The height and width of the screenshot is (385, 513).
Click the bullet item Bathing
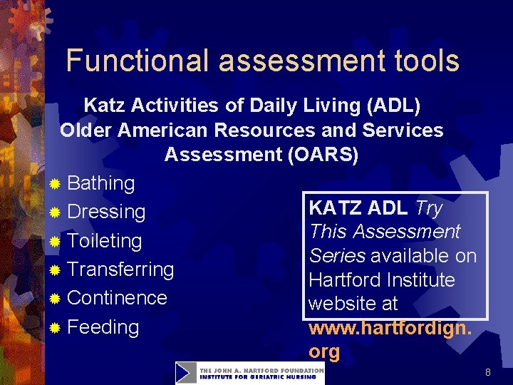coord(100,183)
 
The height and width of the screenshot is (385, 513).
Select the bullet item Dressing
coord(106,212)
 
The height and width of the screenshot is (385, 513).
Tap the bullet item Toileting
coord(104,241)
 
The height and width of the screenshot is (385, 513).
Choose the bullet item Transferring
coord(120,269)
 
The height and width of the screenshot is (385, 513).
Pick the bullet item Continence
coord(117,298)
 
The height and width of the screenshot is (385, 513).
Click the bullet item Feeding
coord(103,327)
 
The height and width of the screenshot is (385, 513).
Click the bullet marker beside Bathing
coord(56,185)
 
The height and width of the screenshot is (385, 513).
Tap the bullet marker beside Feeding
coord(56,329)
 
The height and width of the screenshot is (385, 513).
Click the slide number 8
coord(487,372)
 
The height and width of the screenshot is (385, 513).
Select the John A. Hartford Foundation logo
coord(250,373)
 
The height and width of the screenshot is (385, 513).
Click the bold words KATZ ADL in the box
coord(358,208)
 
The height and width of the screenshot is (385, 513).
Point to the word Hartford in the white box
coord(341,279)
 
